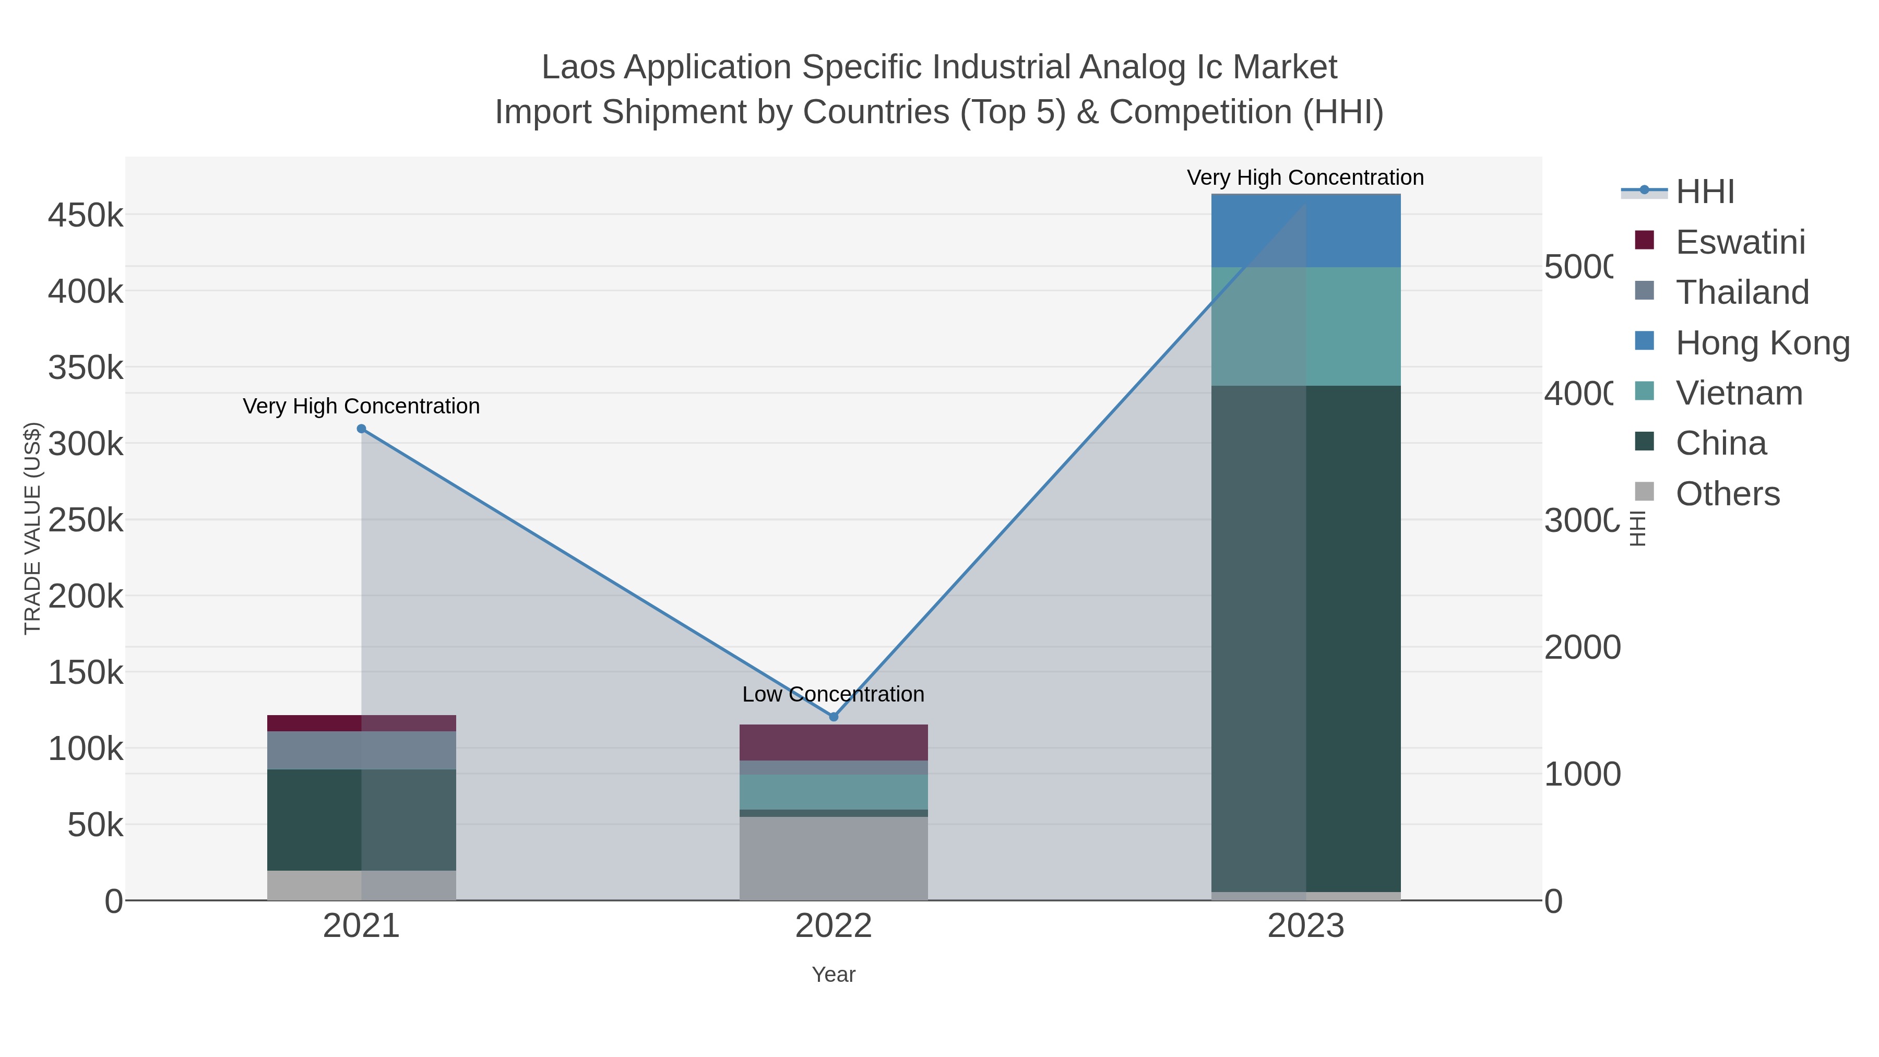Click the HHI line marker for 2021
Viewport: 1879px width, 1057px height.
(361, 429)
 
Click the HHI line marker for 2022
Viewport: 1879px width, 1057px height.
(834, 717)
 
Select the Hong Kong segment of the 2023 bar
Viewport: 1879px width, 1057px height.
(1306, 231)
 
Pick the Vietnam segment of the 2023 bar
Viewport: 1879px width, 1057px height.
(1306, 326)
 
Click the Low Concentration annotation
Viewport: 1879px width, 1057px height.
(833, 694)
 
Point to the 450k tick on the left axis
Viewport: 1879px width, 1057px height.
(86, 216)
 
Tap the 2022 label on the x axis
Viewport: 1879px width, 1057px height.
(833, 927)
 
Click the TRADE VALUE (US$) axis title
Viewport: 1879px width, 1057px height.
(33, 528)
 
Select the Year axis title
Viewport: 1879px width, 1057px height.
(833, 975)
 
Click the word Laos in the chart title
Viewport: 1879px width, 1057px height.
(578, 68)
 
